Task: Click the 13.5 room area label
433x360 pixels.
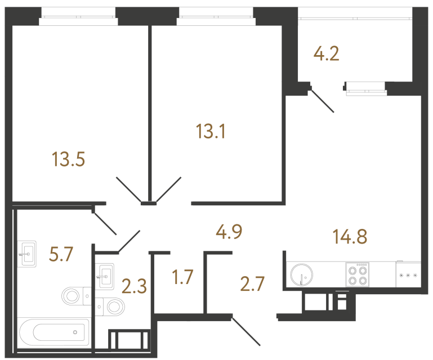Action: [x=68, y=159]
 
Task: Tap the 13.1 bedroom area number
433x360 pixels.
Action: [x=211, y=131]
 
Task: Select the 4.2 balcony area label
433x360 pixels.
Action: [x=326, y=53]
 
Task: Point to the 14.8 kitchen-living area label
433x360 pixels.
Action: [x=350, y=236]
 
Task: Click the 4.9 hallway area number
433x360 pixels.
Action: [x=229, y=232]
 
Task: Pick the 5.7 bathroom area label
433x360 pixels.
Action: [x=61, y=254]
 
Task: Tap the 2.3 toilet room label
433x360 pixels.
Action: [x=134, y=286]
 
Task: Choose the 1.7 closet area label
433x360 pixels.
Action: [x=182, y=277]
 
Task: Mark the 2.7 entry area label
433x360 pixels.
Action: [x=252, y=284]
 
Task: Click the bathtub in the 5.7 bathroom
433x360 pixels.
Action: [x=54, y=332]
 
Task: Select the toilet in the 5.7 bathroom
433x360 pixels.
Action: [x=77, y=296]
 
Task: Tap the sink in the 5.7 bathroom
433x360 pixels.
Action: [x=27, y=254]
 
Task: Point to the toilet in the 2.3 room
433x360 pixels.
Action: [x=110, y=307]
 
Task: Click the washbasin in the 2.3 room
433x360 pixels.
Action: [x=105, y=276]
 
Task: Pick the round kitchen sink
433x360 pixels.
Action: [x=302, y=275]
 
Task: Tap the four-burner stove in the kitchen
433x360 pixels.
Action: [x=358, y=274]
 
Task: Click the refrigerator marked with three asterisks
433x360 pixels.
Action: [x=408, y=274]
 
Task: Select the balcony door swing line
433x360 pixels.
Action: [x=322, y=101]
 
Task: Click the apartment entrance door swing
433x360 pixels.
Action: [x=245, y=331]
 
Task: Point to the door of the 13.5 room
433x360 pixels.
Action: [x=129, y=190]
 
